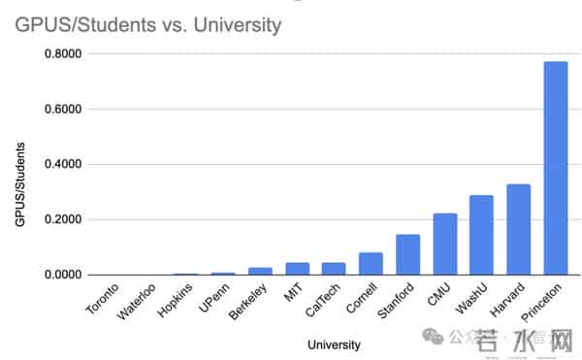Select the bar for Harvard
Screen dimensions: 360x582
click(519, 229)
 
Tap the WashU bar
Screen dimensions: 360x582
click(482, 235)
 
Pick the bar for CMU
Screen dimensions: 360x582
click(445, 244)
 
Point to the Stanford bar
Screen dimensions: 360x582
click(407, 254)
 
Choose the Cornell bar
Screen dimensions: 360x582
click(371, 264)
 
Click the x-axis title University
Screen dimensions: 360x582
click(334, 344)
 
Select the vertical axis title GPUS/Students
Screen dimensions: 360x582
click(20, 184)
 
